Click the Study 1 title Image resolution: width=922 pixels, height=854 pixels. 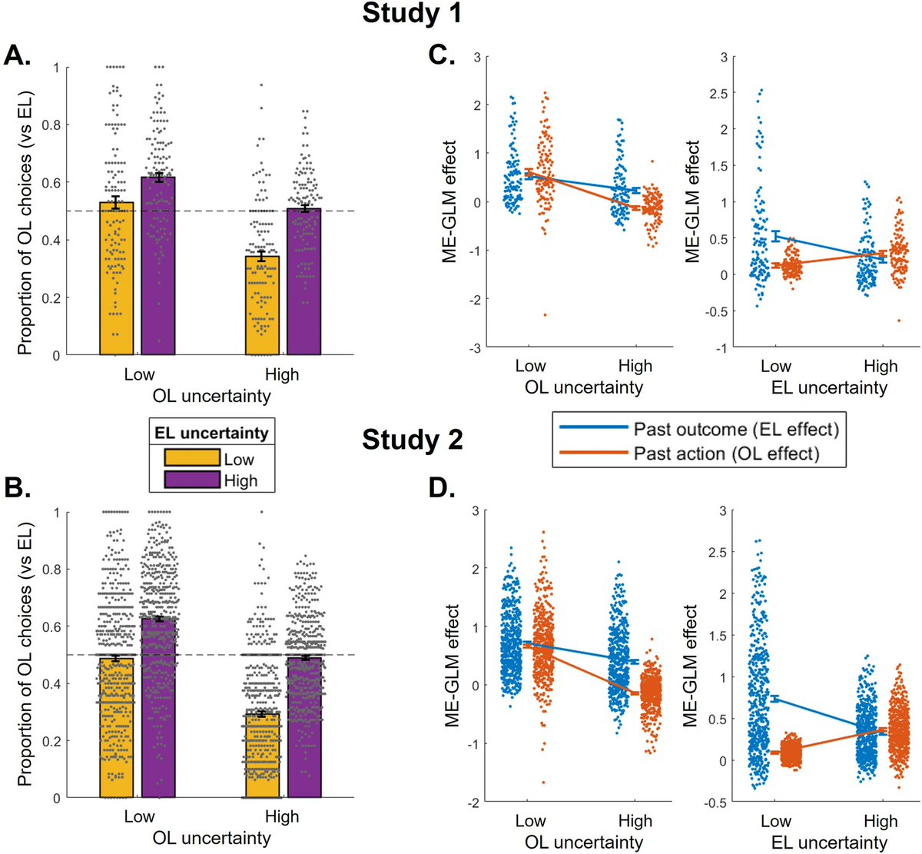pos(412,14)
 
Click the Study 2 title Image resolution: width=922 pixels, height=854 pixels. pos(412,440)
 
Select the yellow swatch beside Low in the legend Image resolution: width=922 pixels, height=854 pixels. pos(191,459)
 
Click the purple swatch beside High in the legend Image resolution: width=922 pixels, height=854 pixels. pos(191,481)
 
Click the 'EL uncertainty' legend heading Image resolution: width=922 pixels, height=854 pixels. pos(211,433)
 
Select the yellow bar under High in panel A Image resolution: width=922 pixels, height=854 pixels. pos(262,307)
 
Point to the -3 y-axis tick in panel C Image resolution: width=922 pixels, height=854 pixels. pos(476,348)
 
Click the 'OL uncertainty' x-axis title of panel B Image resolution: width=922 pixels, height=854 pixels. pos(212,838)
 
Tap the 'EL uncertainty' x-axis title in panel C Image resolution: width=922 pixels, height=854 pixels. pos(828,387)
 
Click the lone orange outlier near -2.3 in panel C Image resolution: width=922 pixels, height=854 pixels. pos(543,314)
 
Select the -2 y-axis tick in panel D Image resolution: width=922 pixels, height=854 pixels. pos(476,802)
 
